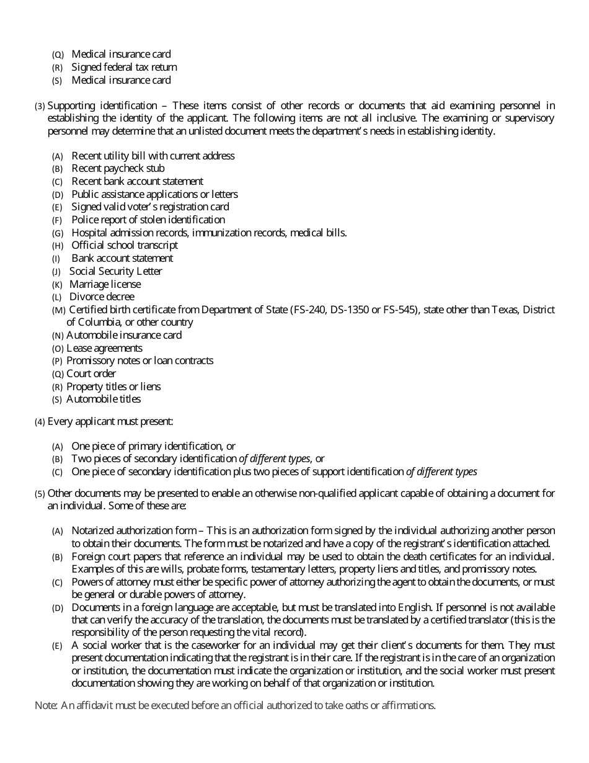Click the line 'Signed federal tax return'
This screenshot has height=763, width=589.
pyautogui.click(x=124, y=67)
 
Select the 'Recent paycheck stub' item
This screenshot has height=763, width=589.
pyautogui.click(x=118, y=168)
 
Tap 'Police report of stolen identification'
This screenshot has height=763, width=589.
pyautogui.click(x=148, y=220)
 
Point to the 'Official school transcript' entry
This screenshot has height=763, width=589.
pyautogui.click(x=125, y=245)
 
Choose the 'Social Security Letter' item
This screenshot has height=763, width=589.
pyautogui.click(x=115, y=271)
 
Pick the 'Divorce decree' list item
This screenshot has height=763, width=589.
pyautogui.click(x=102, y=297)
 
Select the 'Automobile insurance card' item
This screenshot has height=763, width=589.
pyautogui.click(x=124, y=335)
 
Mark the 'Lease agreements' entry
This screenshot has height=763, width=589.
pyautogui.click(x=104, y=348)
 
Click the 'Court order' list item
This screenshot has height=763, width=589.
pyautogui.click(x=91, y=373)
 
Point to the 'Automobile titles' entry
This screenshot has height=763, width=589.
pyautogui.click(x=104, y=399)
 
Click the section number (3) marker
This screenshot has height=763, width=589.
pyautogui.click(x=40, y=106)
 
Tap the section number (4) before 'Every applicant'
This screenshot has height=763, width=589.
pyautogui.click(x=40, y=422)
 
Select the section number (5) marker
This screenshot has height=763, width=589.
pyautogui.click(x=40, y=494)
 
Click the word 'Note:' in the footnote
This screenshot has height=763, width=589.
pyautogui.click(x=46, y=705)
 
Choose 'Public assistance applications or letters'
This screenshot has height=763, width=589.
pyautogui.click(x=154, y=194)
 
